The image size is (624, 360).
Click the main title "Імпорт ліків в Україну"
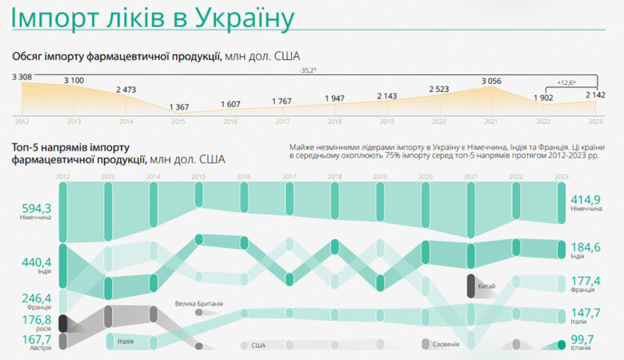click(153, 18)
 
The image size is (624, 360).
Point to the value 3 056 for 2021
click(493, 82)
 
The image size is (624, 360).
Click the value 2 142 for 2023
click(594, 94)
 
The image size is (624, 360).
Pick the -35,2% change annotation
click(308, 71)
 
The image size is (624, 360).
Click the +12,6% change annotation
click(567, 81)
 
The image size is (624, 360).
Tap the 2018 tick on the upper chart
click(334, 122)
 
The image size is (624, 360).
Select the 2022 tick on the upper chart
click(544, 122)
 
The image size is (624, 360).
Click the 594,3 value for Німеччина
click(37, 207)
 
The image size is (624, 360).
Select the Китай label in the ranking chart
click(486, 286)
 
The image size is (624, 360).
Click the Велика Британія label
click(199, 303)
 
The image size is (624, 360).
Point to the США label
click(258, 346)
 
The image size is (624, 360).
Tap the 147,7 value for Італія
click(584, 312)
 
